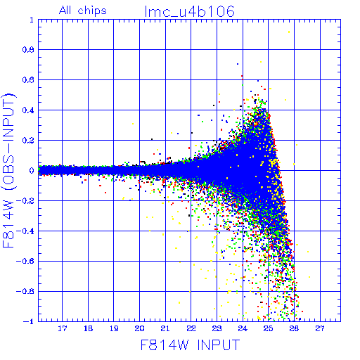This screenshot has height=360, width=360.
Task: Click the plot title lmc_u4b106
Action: (190, 11)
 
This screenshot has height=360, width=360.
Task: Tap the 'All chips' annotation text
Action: (83, 11)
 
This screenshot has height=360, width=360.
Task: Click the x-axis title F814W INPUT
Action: (190, 345)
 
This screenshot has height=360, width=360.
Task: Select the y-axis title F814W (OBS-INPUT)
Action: (9, 170)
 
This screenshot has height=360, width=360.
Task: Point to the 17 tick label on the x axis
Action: (63, 328)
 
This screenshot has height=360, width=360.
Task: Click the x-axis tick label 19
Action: (114, 328)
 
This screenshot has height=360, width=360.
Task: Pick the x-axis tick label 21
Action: (165, 328)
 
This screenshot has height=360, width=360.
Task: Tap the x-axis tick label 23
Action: (217, 328)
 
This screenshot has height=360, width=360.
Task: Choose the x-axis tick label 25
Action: (269, 328)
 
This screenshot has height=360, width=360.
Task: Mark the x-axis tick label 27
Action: (320, 328)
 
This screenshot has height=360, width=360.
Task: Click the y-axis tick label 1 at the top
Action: (32, 20)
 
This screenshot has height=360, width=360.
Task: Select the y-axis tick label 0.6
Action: (28, 80)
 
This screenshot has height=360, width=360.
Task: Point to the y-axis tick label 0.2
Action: (28, 141)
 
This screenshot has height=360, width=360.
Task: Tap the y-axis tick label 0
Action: (32, 170)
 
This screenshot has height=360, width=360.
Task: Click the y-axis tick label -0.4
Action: (25, 231)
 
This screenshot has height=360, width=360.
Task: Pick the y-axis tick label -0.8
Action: (25, 291)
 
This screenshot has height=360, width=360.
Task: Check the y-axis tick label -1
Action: (29, 321)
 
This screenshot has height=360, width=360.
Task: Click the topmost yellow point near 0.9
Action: (289, 32)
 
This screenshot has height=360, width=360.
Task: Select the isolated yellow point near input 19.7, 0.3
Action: (133, 124)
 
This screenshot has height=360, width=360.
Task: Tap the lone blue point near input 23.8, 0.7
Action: (238, 64)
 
